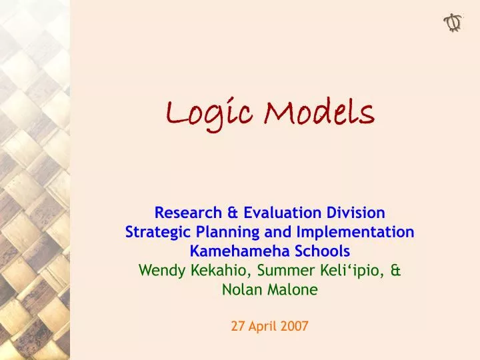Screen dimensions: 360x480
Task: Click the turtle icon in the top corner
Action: tap(453, 23)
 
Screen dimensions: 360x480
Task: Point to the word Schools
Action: tap(321, 251)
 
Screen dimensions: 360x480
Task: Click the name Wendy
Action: tap(159, 271)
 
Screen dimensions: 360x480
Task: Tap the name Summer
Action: tap(279, 271)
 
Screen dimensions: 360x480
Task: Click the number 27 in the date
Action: tap(238, 327)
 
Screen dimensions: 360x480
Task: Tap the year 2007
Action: tap(294, 327)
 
